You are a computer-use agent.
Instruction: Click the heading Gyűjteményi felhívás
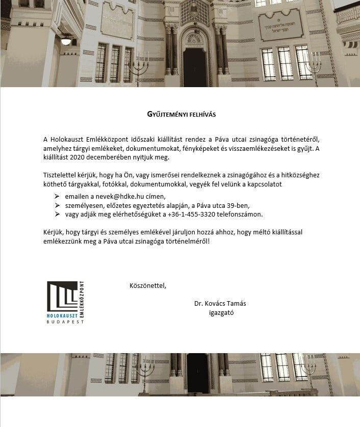[181, 114]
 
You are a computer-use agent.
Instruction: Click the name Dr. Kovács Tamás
[220, 303]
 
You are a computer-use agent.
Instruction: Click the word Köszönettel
[148, 285]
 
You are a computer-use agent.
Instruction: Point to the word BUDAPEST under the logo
[65, 322]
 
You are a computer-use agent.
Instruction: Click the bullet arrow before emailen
[57, 196]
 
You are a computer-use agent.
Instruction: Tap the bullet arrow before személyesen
[57, 205]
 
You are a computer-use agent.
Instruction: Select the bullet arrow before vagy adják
[57, 215]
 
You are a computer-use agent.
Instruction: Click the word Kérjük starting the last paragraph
[54, 232]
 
